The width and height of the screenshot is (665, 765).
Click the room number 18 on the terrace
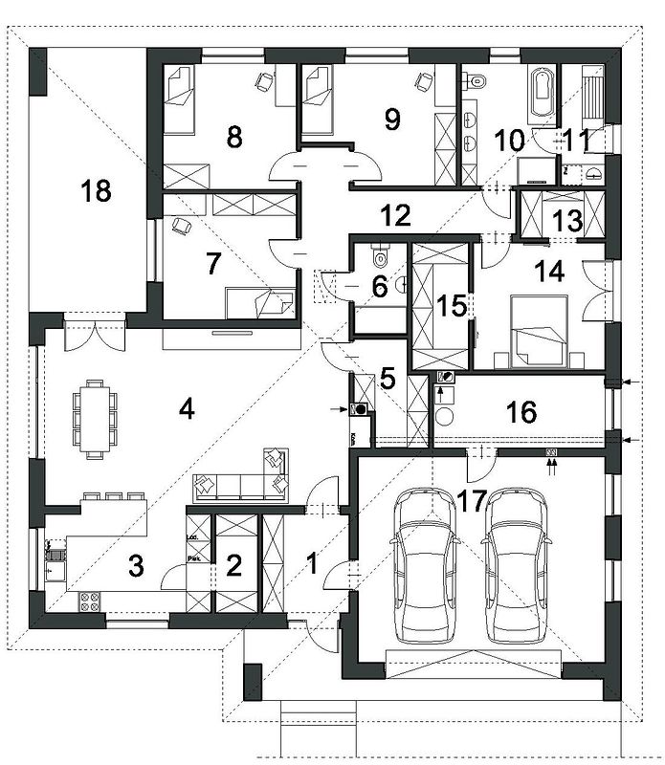[97, 190]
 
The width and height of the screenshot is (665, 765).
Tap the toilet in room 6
[381, 255]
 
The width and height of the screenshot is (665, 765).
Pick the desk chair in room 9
[421, 82]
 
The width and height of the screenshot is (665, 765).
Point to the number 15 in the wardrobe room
[451, 306]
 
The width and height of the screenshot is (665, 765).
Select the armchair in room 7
[183, 227]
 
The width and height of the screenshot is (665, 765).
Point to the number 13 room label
[566, 220]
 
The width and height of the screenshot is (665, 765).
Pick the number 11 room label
[576, 140]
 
